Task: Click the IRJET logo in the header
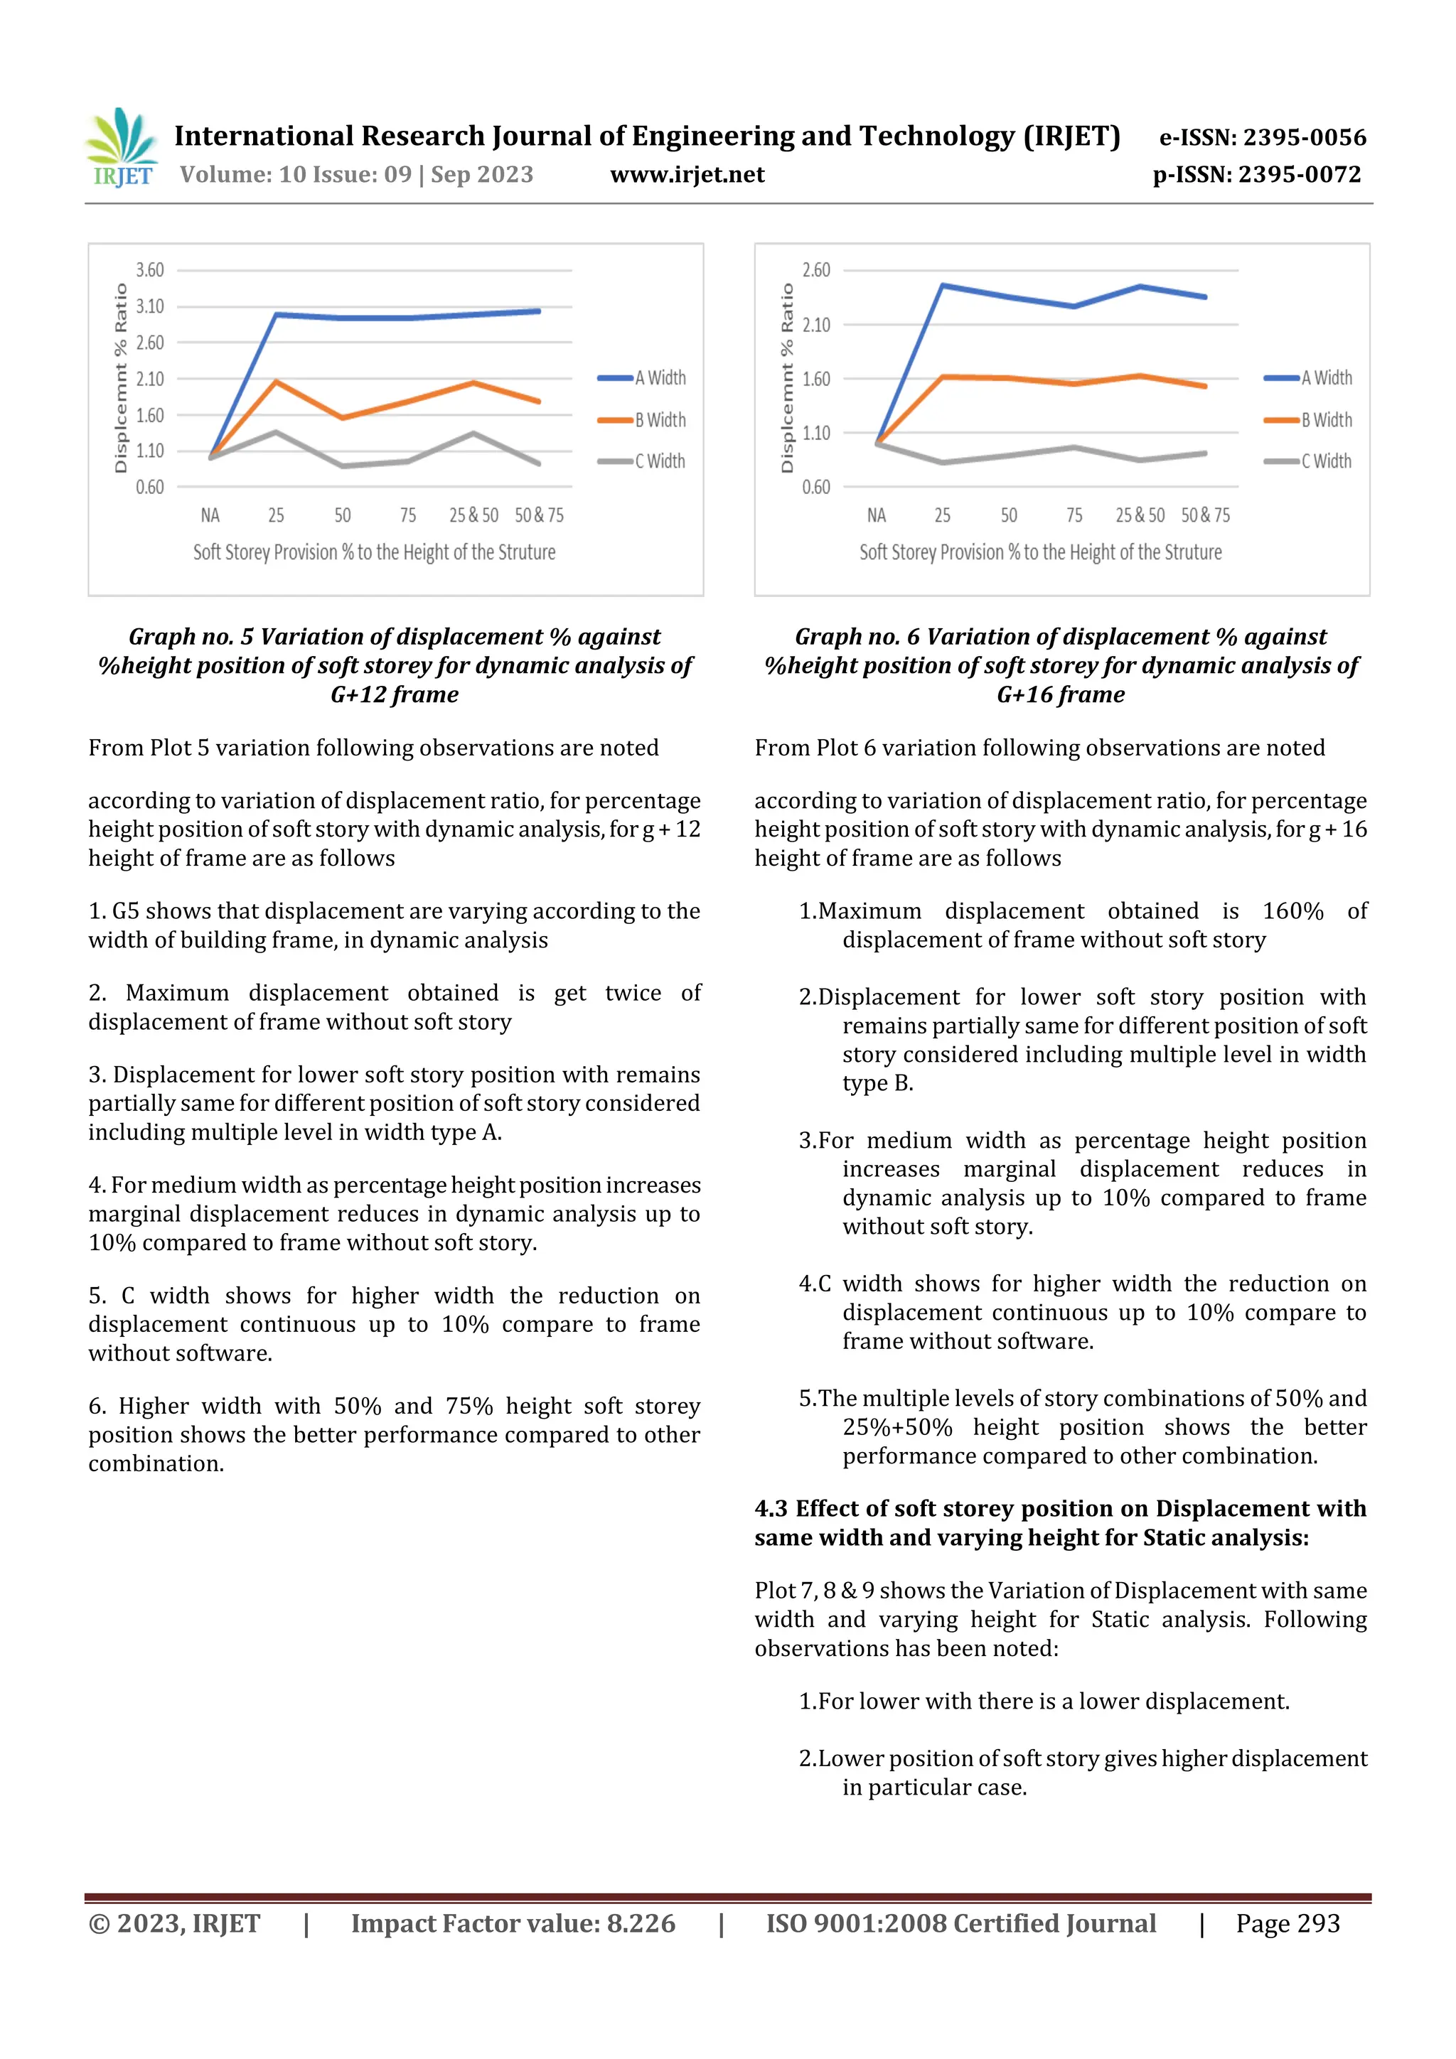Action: point(121,149)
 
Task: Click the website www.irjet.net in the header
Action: point(687,174)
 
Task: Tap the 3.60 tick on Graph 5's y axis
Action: point(150,270)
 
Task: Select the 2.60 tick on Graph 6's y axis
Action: point(815,270)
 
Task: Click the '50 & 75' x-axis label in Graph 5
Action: point(539,515)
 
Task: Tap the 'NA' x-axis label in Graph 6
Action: point(877,515)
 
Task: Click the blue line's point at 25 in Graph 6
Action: point(942,285)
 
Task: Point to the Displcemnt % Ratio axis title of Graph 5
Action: point(120,377)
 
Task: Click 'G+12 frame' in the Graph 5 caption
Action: point(395,695)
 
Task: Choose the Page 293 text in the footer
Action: point(1288,1923)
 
